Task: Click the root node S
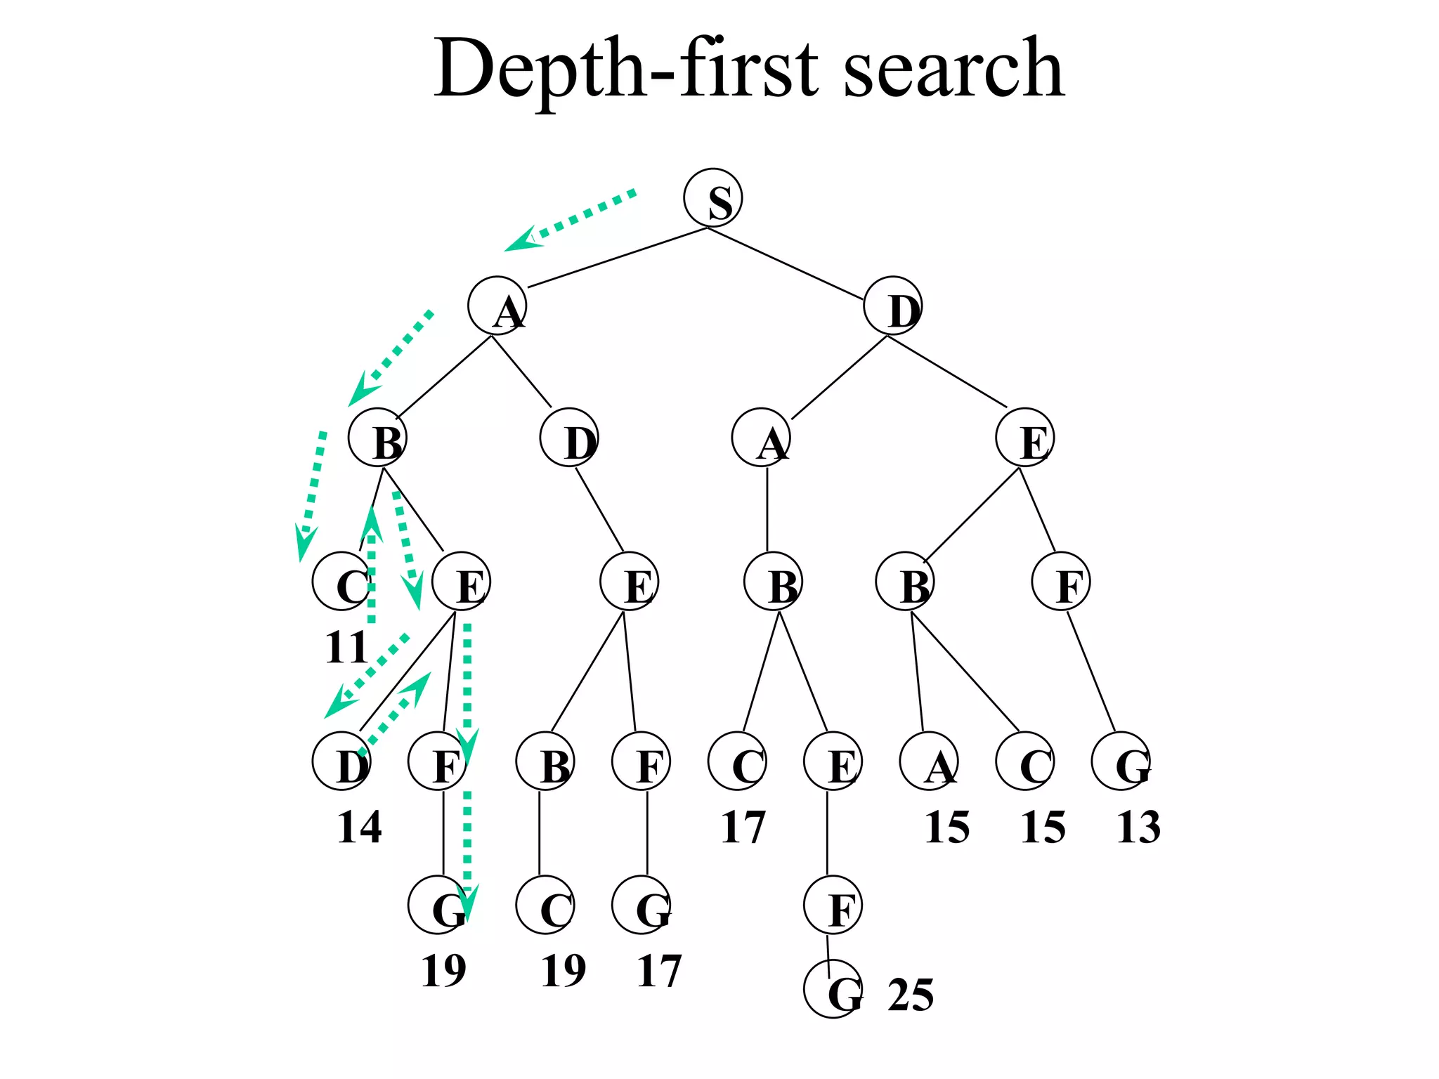[x=712, y=198]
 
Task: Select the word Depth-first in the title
[x=625, y=70]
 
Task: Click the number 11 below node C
[x=346, y=647]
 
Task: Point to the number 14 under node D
[x=359, y=827]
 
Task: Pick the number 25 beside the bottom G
[x=911, y=995]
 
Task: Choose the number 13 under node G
[x=1138, y=827]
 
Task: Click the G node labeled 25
[x=833, y=989]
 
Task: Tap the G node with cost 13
[x=1121, y=761]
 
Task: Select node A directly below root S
[x=497, y=306]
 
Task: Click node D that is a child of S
[x=892, y=306]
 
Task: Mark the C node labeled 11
[x=341, y=582]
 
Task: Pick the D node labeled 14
[x=341, y=761]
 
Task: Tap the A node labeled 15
[x=930, y=761]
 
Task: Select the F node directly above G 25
[x=833, y=905]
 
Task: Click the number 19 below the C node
[x=564, y=971]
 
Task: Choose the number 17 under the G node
[x=659, y=971]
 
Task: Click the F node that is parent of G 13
[x=1061, y=582]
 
